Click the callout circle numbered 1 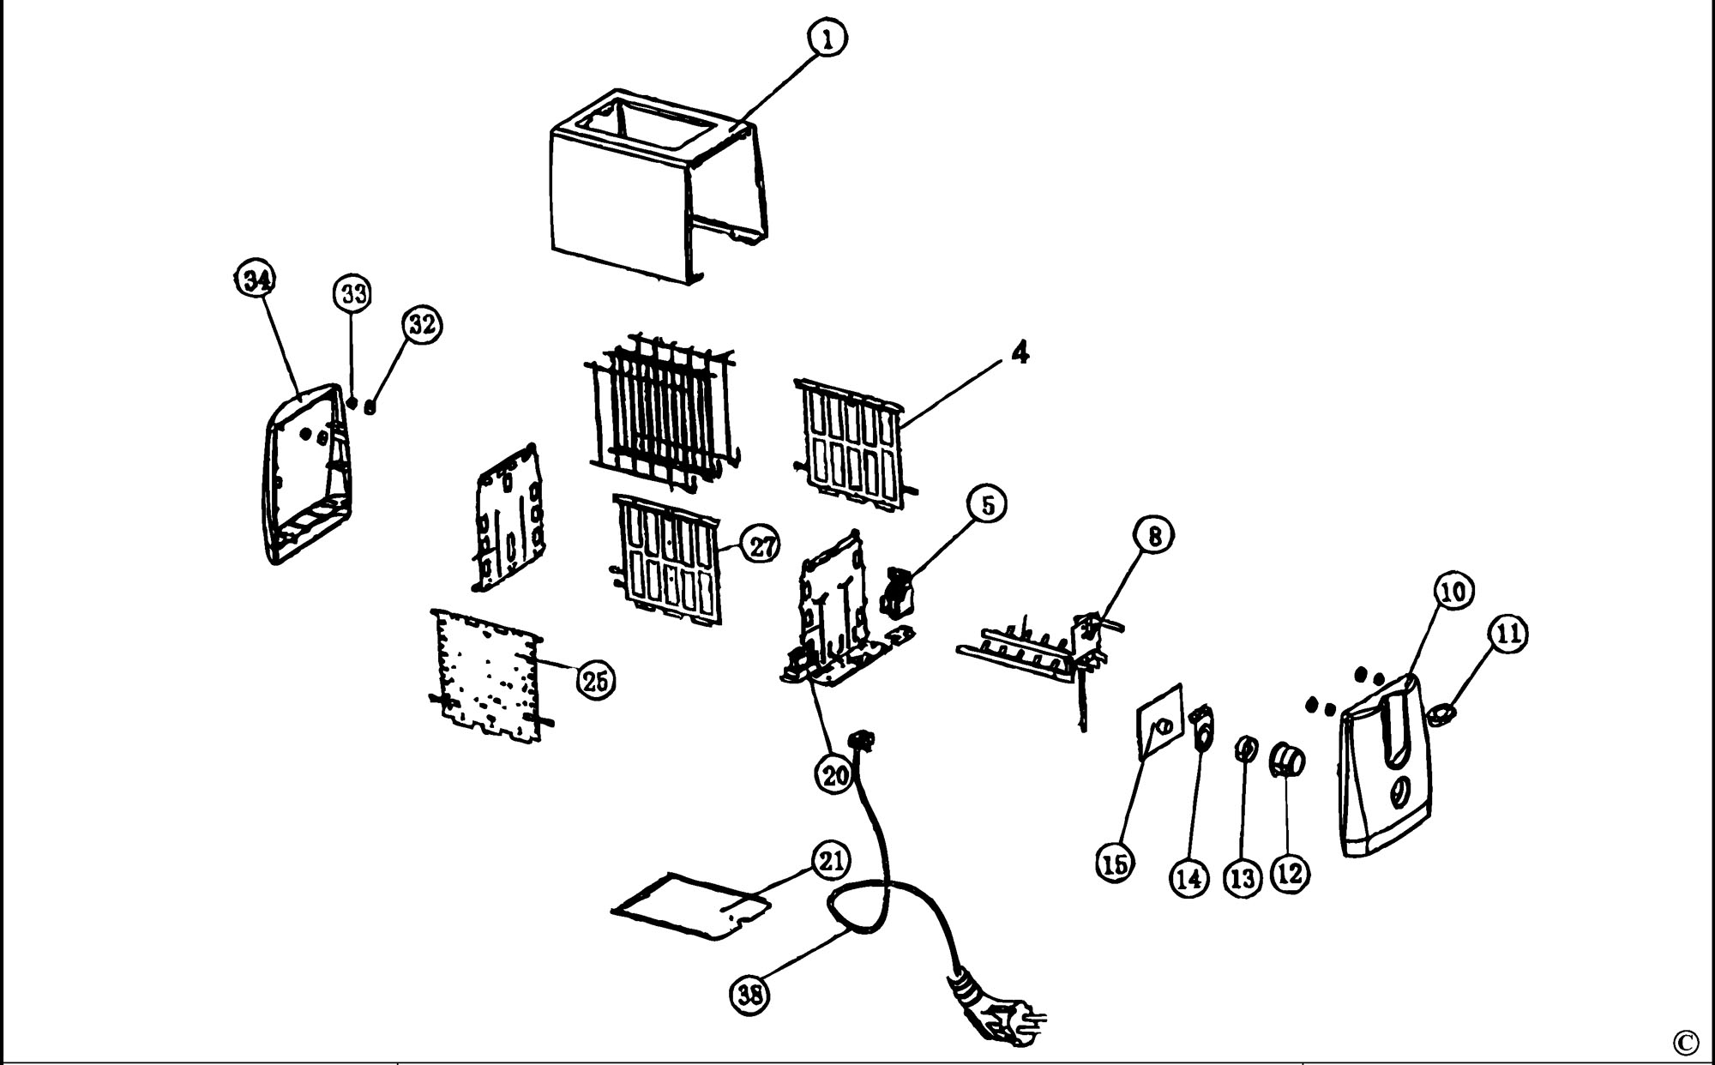(827, 39)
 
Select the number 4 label (1019, 353)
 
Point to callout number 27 (762, 546)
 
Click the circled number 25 (595, 681)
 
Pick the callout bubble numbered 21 (830, 862)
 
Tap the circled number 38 (750, 995)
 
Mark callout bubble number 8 (1154, 537)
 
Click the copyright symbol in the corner (1685, 1043)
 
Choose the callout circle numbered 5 (988, 506)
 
